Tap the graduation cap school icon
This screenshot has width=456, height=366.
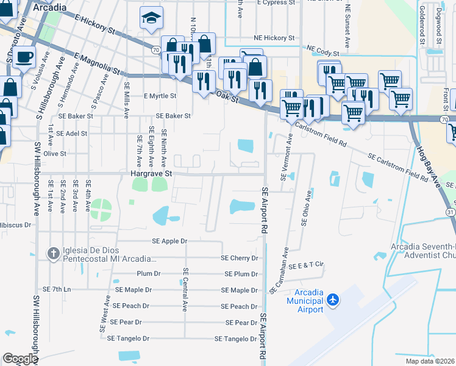150,19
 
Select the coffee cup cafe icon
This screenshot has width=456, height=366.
24,57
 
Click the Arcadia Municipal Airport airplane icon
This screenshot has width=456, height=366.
333,300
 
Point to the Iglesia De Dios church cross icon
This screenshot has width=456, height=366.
53,253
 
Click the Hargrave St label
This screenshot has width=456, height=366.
152,174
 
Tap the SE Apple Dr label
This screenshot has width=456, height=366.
170,241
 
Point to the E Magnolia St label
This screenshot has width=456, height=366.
95,65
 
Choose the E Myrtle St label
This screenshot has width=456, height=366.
160,96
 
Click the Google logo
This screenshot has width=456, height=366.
21,359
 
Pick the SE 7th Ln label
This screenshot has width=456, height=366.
57,289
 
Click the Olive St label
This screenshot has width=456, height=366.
54,154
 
